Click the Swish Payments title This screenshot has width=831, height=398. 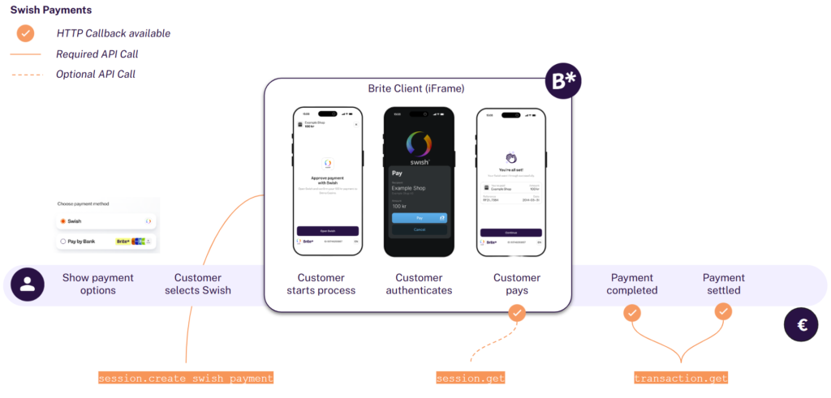pos(50,11)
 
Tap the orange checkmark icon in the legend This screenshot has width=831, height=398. pos(26,33)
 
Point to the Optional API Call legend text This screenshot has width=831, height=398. pos(96,74)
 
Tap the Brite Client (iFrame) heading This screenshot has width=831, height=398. pos(416,88)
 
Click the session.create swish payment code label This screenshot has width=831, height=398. pos(186,378)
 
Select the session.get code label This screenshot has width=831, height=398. pos(471,378)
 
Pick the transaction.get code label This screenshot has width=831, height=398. pos(681,378)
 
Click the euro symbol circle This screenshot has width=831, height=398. pos(801,325)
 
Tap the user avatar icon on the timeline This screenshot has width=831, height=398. pos(28,284)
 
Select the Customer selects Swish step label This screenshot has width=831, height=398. pos(198,284)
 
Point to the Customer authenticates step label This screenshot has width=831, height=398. pos(419,284)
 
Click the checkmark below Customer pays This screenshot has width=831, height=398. pos(516,312)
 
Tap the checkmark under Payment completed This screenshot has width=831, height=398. pos(632,312)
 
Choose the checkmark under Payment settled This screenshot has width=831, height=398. pos(723,311)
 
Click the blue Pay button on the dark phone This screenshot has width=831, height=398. pos(419,218)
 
